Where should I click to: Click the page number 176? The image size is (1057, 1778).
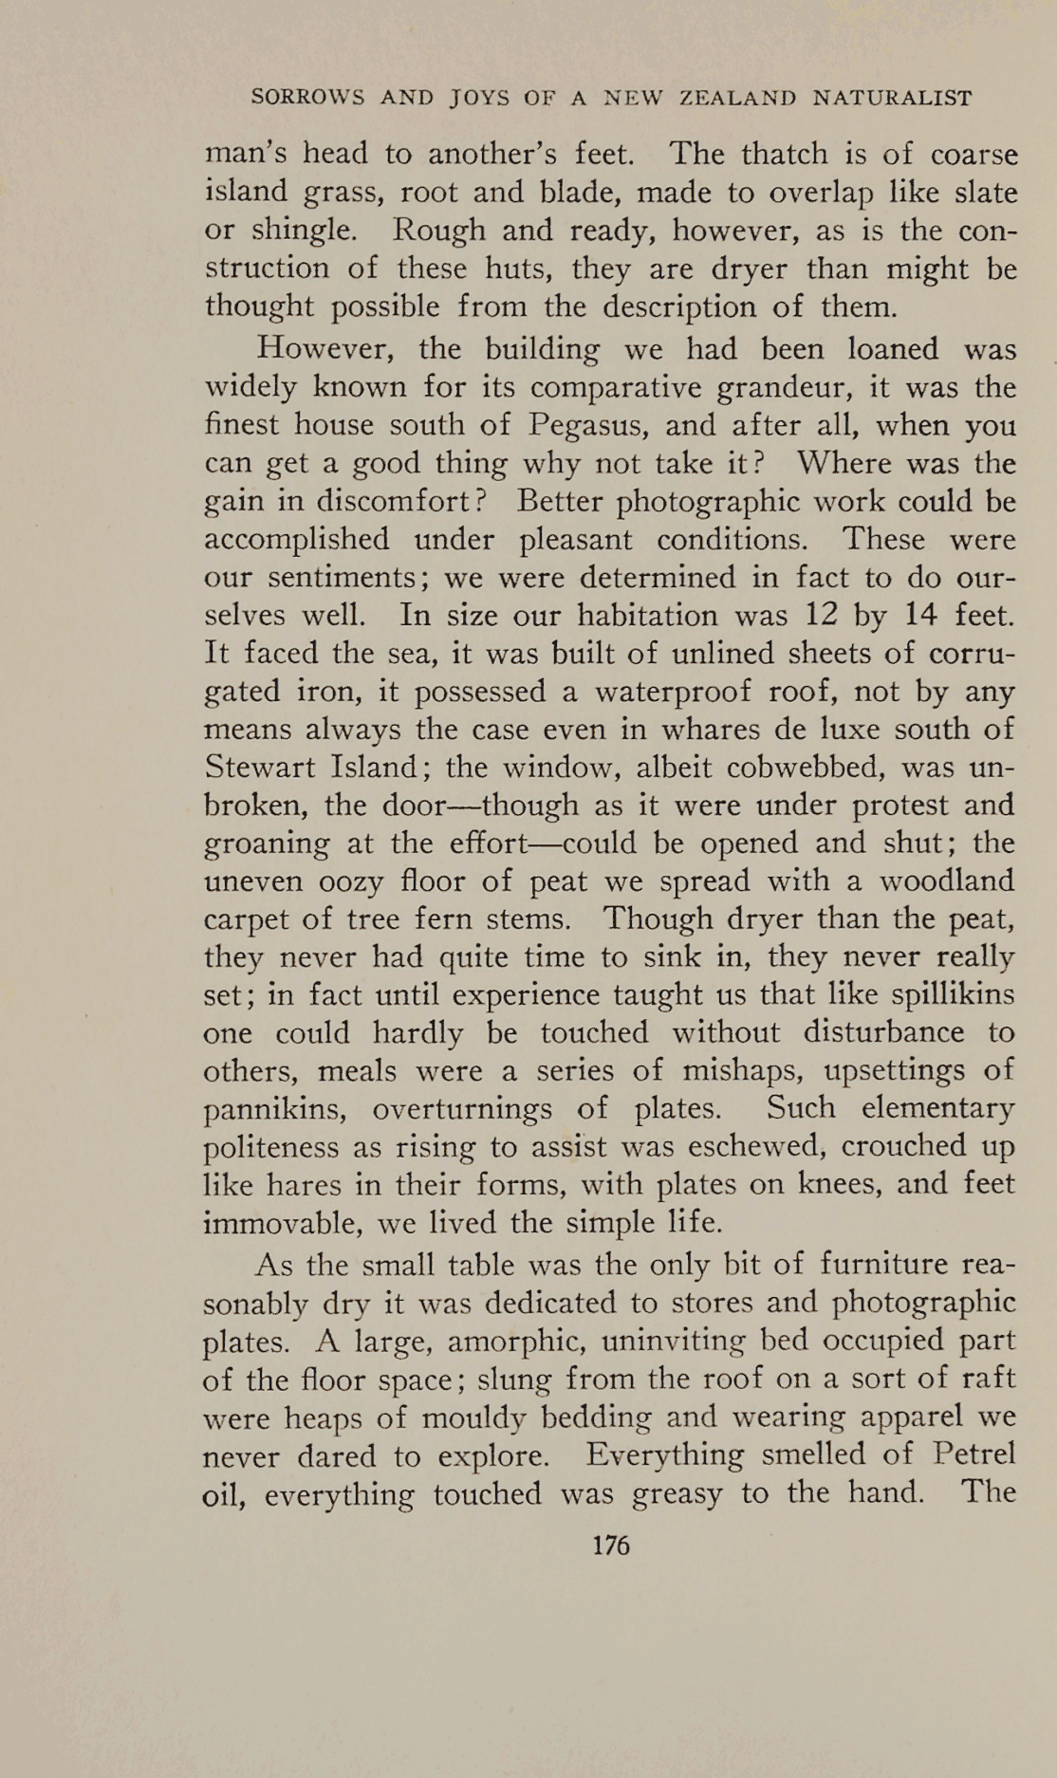click(610, 1546)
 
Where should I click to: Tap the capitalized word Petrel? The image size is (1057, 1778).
click(974, 1454)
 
